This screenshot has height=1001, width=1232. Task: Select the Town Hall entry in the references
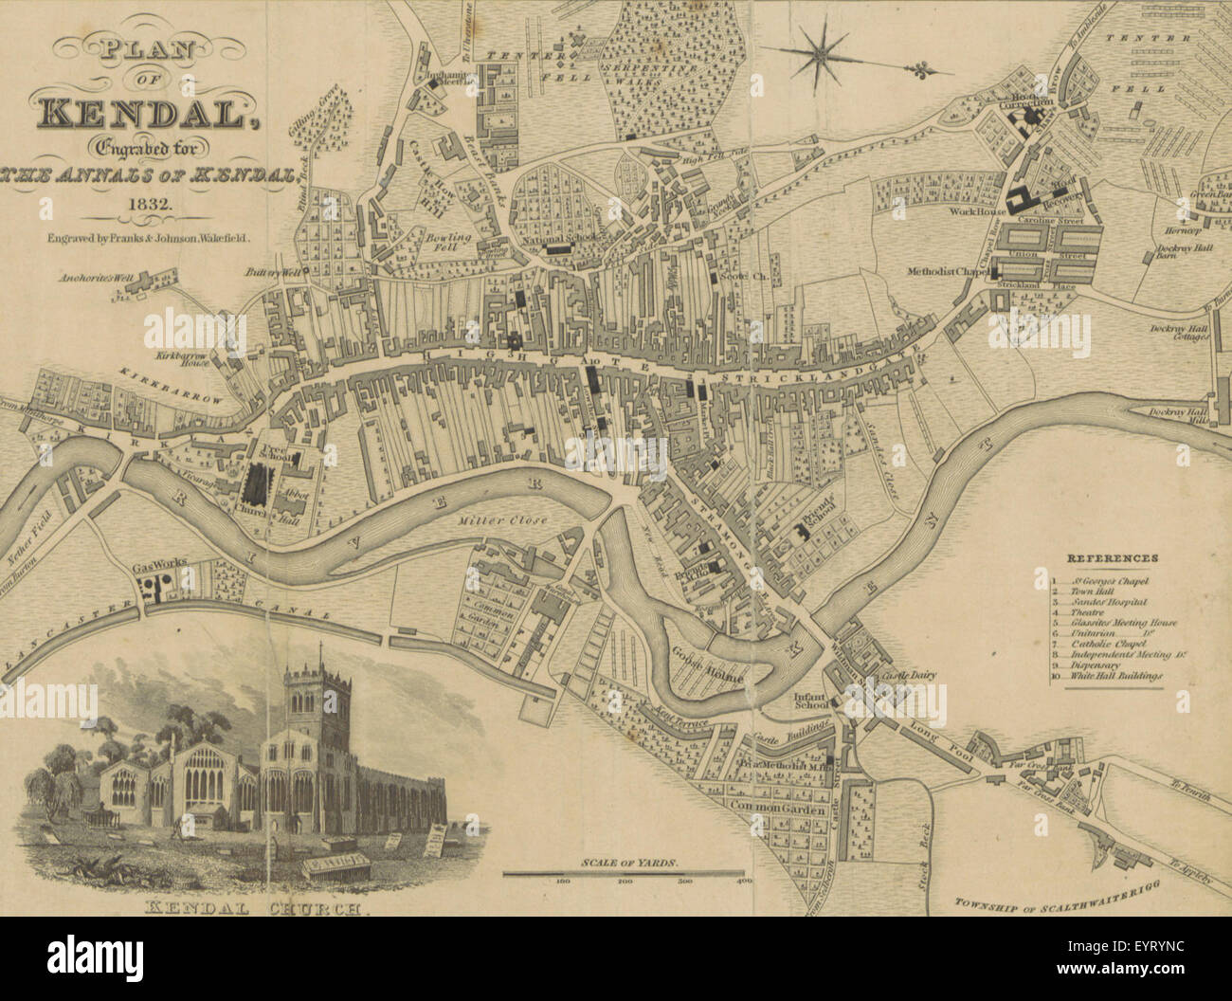click(x=1089, y=591)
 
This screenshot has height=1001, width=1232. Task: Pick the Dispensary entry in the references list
click(x=1095, y=665)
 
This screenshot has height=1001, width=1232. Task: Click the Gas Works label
click(x=160, y=566)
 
